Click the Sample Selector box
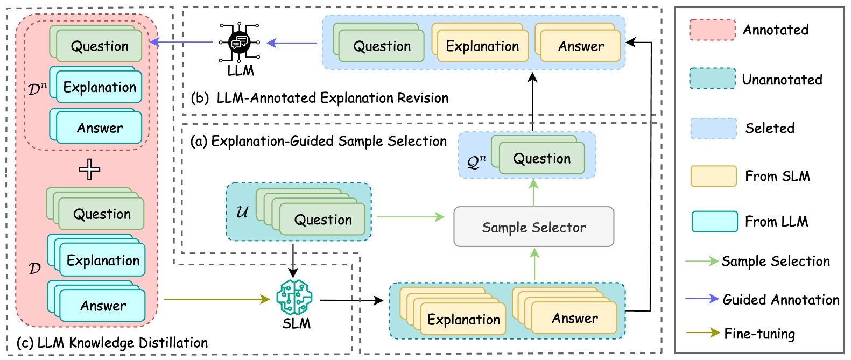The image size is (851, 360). click(533, 227)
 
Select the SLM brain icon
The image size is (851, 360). click(294, 297)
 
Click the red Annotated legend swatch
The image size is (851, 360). click(712, 30)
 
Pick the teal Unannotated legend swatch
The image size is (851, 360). click(712, 79)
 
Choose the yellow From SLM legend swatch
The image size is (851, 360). click(713, 176)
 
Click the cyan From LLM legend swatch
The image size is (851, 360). click(714, 221)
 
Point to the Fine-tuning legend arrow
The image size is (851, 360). click(702, 333)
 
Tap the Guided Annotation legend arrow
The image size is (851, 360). click(702, 299)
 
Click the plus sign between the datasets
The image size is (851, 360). click(89, 170)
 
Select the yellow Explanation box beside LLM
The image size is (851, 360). click(482, 46)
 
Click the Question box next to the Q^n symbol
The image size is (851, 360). click(541, 159)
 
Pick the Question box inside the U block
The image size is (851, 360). click(322, 220)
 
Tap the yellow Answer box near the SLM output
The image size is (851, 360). click(574, 318)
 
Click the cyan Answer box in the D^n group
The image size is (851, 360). click(99, 128)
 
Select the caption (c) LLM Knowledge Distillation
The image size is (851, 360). click(112, 343)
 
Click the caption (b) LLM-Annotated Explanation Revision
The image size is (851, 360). click(320, 98)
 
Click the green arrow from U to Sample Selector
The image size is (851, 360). click(410, 217)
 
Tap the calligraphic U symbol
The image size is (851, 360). click(242, 211)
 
